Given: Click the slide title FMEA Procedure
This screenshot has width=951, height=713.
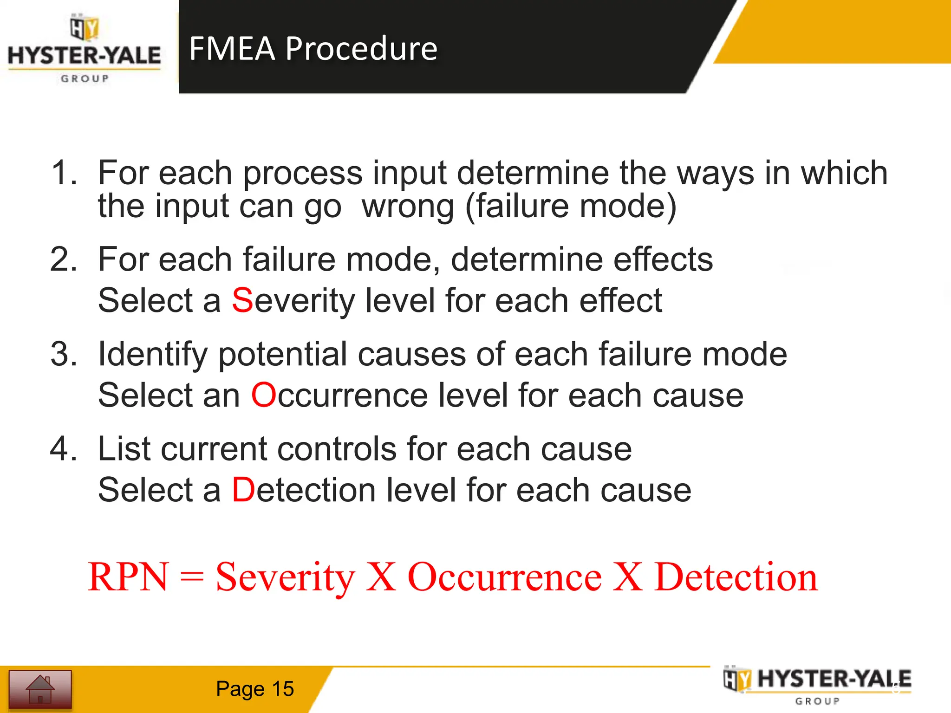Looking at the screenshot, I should (313, 48).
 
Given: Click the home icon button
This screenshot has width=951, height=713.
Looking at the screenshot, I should (40, 689).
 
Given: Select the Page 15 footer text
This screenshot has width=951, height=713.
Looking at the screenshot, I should (254, 689).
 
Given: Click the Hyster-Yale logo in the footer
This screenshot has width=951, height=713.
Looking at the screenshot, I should (817, 685).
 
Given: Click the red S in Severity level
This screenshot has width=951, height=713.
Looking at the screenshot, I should (242, 300).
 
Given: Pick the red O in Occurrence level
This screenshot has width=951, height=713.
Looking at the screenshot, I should (263, 395).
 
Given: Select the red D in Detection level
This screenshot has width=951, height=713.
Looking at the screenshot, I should (243, 490).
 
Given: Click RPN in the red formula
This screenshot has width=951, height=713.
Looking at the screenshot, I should (128, 577).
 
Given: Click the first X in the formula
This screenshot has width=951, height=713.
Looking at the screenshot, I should (381, 577).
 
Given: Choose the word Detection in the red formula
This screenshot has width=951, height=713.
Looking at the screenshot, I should (736, 577).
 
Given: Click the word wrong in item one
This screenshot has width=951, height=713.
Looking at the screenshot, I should (408, 207).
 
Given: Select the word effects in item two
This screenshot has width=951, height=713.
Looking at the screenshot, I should (663, 259).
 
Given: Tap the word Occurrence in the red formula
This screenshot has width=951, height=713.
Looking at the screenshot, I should (504, 577).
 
